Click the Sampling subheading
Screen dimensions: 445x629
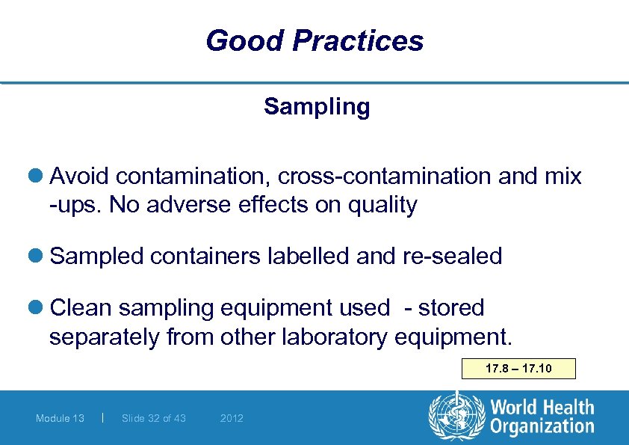316,107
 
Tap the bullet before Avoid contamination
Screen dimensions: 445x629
39,177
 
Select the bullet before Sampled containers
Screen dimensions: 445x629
39,257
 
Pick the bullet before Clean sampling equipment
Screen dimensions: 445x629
39,307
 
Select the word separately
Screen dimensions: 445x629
104,337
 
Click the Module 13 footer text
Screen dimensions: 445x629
60,418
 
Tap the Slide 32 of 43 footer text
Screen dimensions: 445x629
154,418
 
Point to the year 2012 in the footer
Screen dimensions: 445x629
232,418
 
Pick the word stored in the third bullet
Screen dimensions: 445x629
451,307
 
